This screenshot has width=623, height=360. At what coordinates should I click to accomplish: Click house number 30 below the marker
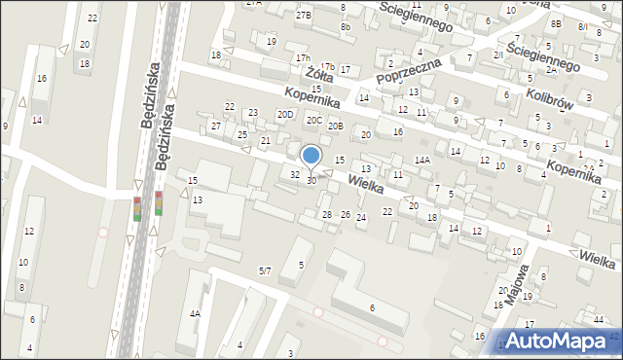point(311,180)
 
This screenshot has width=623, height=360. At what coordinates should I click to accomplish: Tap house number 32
point(295,174)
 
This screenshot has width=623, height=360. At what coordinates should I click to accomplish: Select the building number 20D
point(285,114)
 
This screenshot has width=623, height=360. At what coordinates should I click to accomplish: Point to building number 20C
point(313,120)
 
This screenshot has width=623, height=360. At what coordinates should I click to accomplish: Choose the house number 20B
point(335,126)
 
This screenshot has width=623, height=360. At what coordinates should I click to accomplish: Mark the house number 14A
point(421,160)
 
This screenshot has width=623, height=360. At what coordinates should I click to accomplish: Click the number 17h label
point(304,58)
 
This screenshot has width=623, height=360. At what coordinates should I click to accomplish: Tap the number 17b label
point(328,66)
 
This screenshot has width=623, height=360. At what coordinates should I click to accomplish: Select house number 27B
point(304,15)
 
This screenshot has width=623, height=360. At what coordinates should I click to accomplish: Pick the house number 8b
point(346,26)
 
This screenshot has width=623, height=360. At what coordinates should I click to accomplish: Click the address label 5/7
point(265,270)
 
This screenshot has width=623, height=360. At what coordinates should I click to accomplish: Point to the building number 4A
point(195,313)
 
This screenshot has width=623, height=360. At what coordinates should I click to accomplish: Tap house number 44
point(597,319)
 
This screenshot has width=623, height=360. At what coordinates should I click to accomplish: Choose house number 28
point(327,214)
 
